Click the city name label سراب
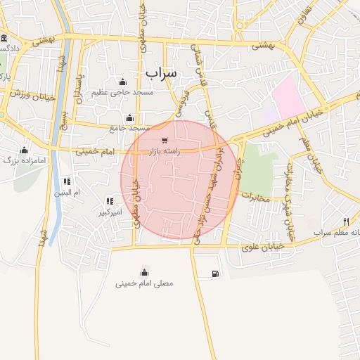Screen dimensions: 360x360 (x=162, y=72)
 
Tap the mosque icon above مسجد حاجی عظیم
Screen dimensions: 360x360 (x=123, y=82)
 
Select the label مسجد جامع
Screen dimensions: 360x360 (x=130, y=128)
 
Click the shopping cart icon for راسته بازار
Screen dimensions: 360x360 (x=164, y=141)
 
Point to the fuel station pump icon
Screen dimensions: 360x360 (x=213, y=274)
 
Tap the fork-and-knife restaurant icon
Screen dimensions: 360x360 (x=346, y=221)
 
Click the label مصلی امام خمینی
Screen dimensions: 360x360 (x=144, y=283)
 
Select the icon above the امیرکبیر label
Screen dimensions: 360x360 (x=108, y=201)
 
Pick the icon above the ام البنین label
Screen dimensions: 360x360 (x=67, y=181)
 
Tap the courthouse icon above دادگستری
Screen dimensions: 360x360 (x=4, y=38)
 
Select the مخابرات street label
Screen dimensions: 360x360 (x=255, y=198)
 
